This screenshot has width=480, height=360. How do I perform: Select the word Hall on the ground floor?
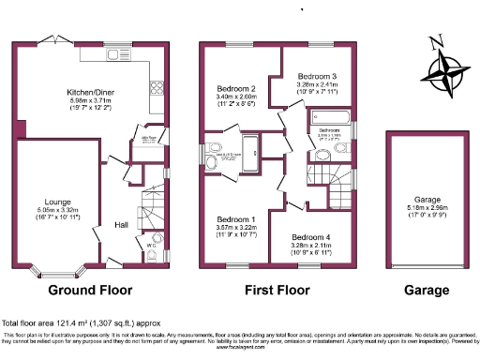pos(122,224)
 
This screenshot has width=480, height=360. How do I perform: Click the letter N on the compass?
pos(434,41)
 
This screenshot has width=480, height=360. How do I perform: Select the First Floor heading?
pos(279,290)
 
